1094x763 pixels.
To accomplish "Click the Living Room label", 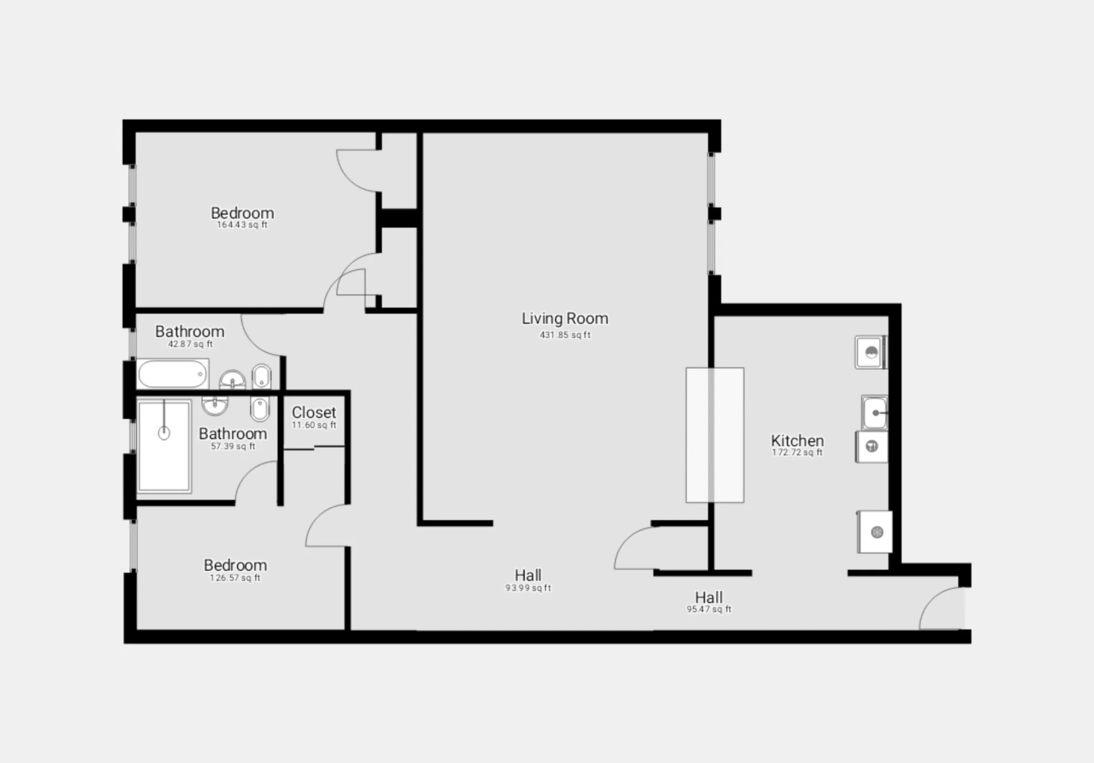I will click(565, 318).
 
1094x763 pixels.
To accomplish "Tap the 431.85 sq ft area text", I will click(565, 335).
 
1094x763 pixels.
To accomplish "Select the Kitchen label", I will click(797, 440).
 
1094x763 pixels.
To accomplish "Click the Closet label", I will click(314, 412).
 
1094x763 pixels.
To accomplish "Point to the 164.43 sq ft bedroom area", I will click(242, 225).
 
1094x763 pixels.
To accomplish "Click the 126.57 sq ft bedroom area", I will click(235, 578).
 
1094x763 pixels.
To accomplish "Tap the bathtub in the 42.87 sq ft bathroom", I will click(172, 374).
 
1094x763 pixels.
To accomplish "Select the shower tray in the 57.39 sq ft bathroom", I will click(164, 446).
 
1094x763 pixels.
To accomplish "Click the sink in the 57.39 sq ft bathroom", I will click(215, 405).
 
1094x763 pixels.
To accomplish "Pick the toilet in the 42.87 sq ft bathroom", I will click(261, 376).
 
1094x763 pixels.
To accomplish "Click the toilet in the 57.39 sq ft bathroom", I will click(259, 409).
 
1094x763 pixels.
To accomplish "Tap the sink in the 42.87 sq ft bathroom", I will click(232, 380).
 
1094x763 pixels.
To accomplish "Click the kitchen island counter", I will click(715, 435).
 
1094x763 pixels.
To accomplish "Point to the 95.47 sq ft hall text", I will click(708, 609).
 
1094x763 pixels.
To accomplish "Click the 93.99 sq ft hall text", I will click(528, 588).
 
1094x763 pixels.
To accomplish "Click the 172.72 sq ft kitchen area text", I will click(797, 452).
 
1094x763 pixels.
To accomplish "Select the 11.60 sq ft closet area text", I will click(314, 425).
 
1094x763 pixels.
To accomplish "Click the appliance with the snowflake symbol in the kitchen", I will click(876, 533).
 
